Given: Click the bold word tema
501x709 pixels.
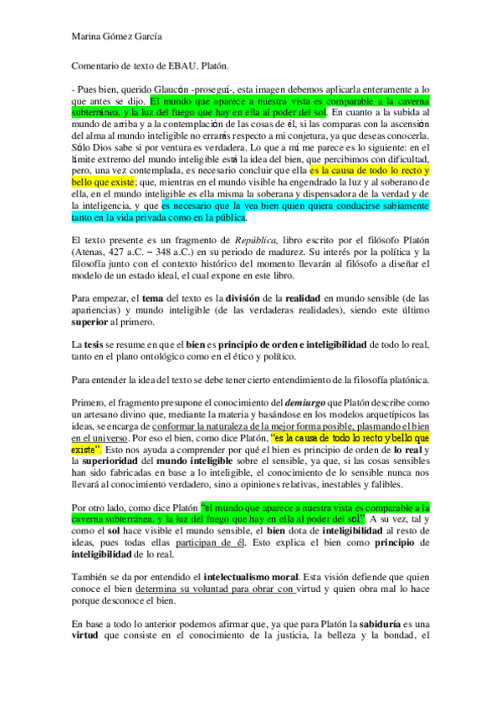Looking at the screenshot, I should click(154, 298).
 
